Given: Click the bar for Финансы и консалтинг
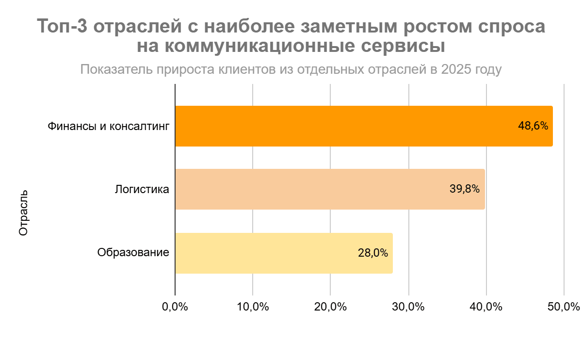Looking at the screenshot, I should [364, 126].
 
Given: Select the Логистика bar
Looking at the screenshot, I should [330, 189].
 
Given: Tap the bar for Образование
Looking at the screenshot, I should [284, 253].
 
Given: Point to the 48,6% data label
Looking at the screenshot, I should [533, 126].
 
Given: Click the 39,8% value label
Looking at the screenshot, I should [465, 189].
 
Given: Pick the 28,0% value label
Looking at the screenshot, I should [373, 253].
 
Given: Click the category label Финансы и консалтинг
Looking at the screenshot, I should [108, 127].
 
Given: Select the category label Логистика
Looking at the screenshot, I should [142, 189].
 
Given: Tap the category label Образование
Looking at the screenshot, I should [133, 253].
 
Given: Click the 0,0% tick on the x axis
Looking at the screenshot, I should [175, 307].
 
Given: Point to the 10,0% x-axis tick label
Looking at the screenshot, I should [253, 307].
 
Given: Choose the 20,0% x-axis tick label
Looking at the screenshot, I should [331, 307].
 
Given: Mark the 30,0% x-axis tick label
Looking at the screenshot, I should [409, 307].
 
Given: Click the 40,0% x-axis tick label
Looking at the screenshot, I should [486, 307].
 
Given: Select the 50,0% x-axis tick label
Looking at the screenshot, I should [564, 307].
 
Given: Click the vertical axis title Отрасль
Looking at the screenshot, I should [23, 213].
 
